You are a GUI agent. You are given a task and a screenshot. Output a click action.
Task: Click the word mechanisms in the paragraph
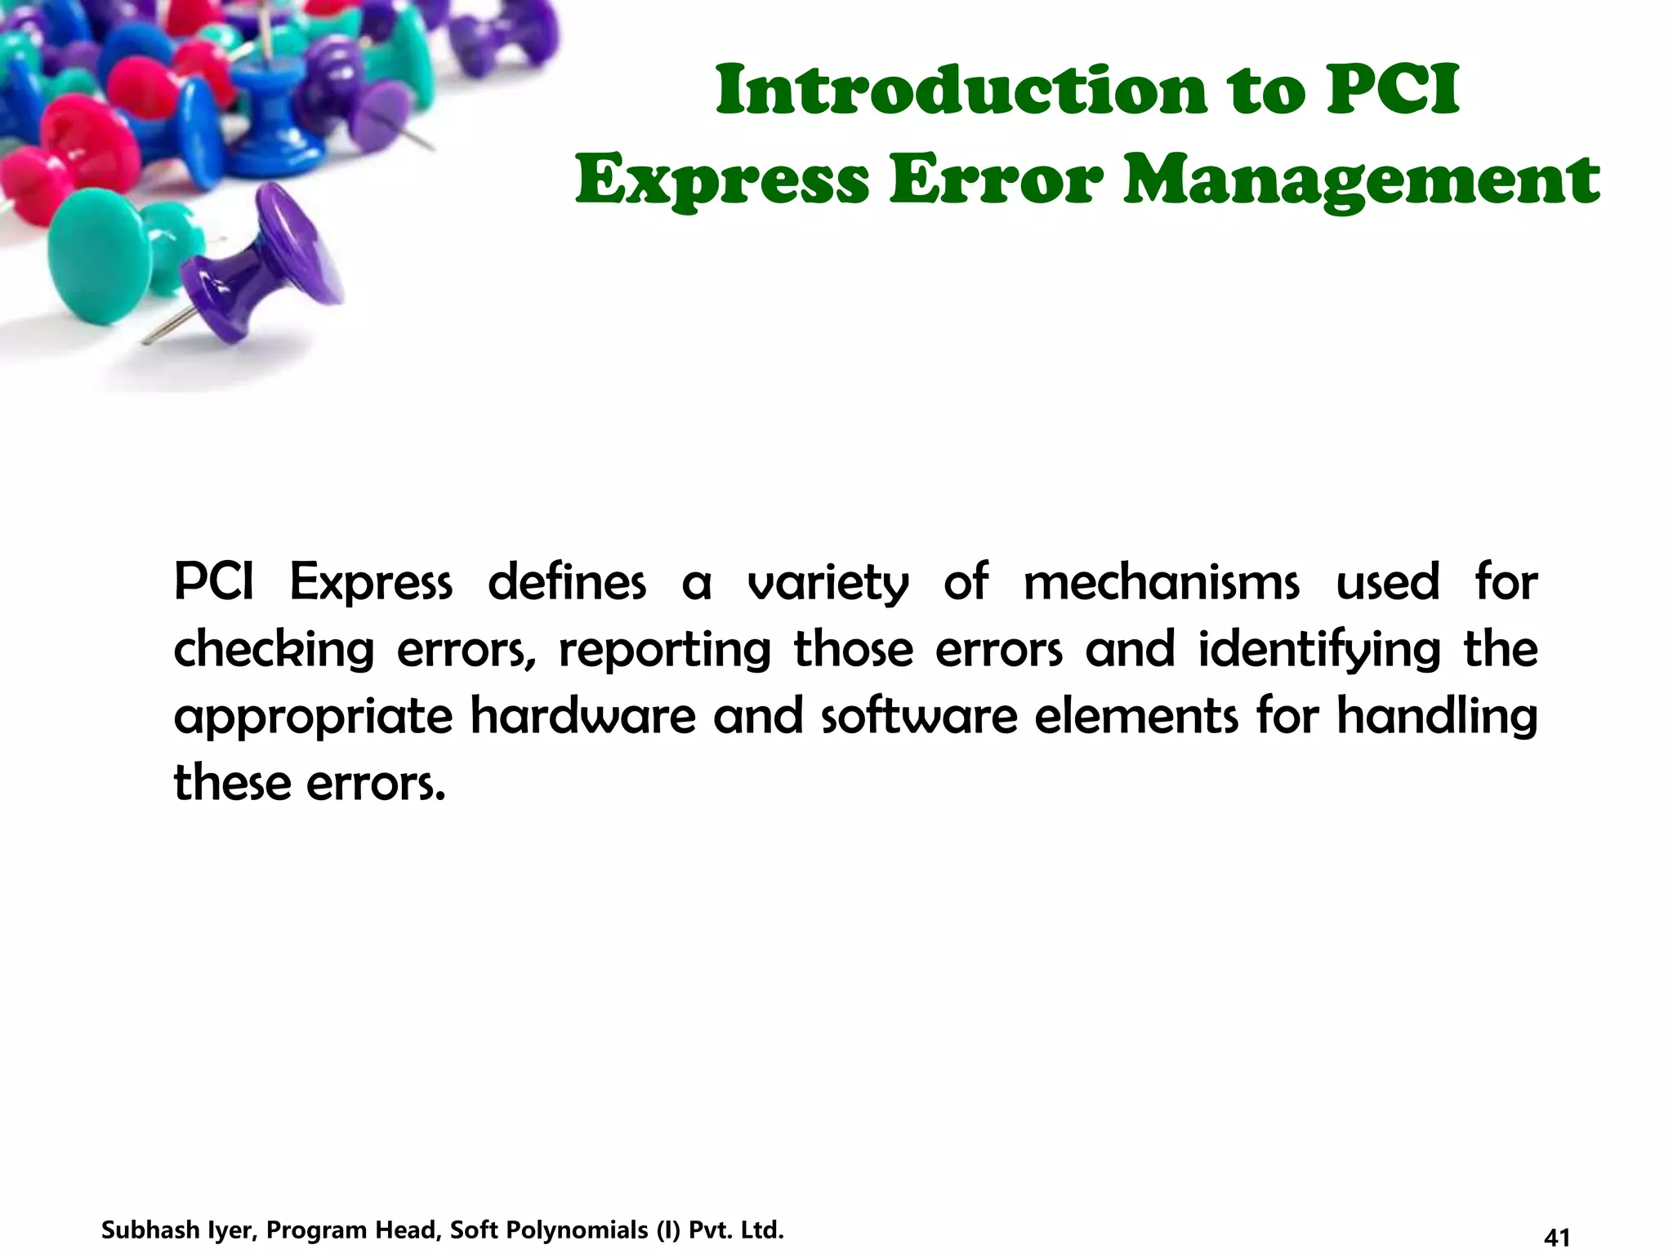click(1161, 583)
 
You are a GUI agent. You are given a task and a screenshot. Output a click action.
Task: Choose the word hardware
click(583, 716)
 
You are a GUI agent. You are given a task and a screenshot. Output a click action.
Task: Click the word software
click(919, 716)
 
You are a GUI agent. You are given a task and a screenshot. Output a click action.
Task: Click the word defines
click(567, 583)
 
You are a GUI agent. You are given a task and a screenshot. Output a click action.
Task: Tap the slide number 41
click(1558, 1238)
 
